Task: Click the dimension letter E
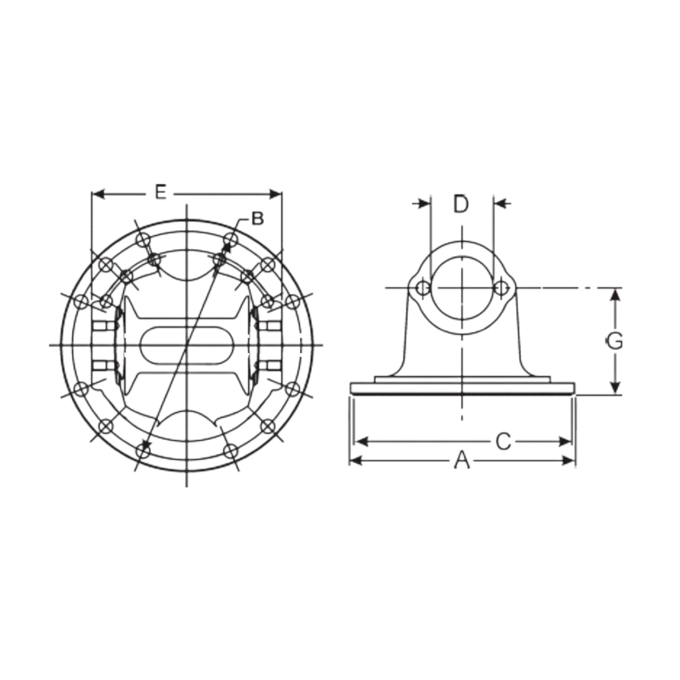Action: (160, 194)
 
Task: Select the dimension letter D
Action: (460, 204)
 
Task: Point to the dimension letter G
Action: (614, 341)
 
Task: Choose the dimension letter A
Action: (460, 461)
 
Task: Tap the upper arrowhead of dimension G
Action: (615, 296)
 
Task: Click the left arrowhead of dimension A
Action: (354, 461)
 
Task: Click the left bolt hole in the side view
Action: (423, 288)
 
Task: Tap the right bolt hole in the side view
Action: (501, 288)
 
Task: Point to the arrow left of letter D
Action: (421, 204)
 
